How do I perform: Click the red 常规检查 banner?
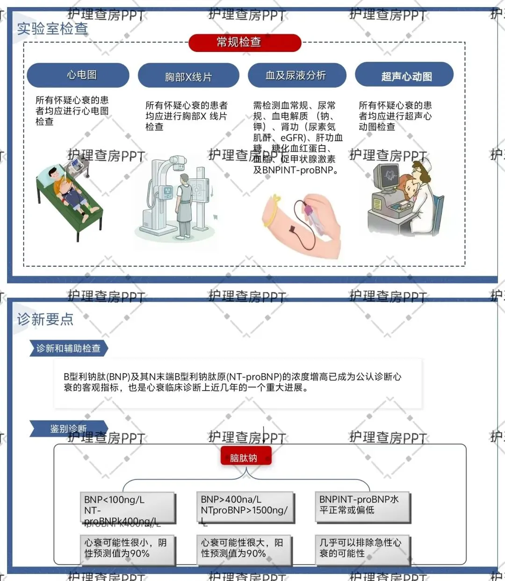click(x=244, y=43)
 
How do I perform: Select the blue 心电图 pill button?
click(x=78, y=75)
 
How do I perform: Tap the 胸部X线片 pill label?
click(x=188, y=77)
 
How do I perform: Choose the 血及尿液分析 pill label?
click(x=296, y=75)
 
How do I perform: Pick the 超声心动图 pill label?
click(x=405, y=76)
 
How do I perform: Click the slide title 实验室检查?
click(x=52, y=29)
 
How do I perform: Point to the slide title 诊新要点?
click(x=45, y=319)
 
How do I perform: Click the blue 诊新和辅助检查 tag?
click(x=68, y=349)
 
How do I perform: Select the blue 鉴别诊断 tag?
click(x=68, y=428)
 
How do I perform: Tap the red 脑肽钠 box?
click(x=245, y=458)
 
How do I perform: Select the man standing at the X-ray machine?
click(x=184, y=201)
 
